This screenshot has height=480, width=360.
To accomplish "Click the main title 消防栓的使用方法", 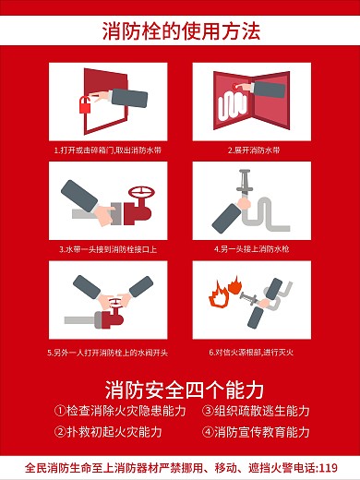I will pyautogui.click(x=179, y=31).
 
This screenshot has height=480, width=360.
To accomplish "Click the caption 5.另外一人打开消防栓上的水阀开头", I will pyautogui.click(x=109, y=352).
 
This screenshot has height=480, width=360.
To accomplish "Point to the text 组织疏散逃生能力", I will pyautogui.click(x=262, y=411).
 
